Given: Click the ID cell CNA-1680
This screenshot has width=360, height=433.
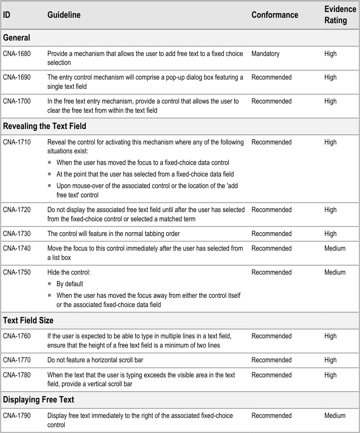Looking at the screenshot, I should (x=17, y=54).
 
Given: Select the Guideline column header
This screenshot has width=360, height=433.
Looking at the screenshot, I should (x=64, y=15).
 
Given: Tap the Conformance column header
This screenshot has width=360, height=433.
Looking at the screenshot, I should (x=275, y=15).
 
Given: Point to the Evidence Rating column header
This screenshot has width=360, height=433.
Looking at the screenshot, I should (x=340, y=15).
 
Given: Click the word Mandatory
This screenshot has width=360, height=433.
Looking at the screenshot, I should (x=265, y=54).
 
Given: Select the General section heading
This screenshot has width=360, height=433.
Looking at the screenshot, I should (x=17, y=38).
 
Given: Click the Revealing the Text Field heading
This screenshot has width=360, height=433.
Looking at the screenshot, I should (x=44, y=126).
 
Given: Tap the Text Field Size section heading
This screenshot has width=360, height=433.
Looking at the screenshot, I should (x=28, y=321).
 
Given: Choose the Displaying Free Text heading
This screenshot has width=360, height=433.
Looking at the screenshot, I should (x=38, y=400).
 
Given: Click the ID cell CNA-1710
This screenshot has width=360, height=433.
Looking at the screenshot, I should (x=17, y=142).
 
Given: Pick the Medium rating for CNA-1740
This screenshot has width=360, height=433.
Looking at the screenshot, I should (x=335, y=248).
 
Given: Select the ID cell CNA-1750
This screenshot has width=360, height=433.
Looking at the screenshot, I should (x=17, y=272).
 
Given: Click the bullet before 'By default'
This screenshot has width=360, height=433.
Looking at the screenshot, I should (x=49, y=284).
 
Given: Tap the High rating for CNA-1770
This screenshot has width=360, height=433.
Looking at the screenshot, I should (x=330, y=360).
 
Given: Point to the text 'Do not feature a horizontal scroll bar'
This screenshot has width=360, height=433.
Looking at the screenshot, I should (x=95, y=360).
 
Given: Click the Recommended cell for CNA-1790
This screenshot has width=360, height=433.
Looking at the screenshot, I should (x=271, y=416).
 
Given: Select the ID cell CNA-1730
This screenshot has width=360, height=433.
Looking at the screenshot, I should (x=17, y=234).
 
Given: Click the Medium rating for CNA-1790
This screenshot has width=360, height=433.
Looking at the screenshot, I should (x=335, y=416).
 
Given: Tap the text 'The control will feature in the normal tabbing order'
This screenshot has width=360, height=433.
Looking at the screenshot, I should (x=114, y=234).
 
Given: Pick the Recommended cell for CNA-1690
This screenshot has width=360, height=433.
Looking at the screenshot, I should (x=271, y=77).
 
